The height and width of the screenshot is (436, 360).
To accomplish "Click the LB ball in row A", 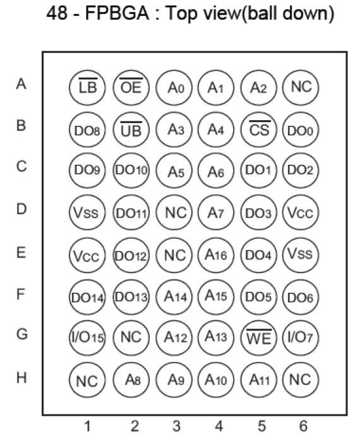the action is click(87, 88).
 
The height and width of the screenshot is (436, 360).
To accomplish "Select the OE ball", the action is click(131, 88).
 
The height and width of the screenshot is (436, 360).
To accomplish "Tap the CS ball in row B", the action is click(259, 130).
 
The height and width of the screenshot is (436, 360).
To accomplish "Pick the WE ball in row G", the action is click(259, 337).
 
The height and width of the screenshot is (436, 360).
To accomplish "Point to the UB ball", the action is click(131, 130).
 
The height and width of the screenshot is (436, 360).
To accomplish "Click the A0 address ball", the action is click(174, 88).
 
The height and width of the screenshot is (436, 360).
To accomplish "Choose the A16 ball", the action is click(216, 255).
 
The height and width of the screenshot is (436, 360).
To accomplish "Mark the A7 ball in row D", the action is click(216, 213).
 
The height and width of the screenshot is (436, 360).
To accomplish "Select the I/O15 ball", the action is click(87, 337).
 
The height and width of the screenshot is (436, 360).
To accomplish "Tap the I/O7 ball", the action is click(301, 337).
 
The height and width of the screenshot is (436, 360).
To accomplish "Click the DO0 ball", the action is click(301, 130).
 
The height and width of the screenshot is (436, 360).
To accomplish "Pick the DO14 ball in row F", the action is click(87, 297).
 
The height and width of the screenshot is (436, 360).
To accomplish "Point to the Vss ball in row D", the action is click(87, 213).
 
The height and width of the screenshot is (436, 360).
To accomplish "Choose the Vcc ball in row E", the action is click(87, 255).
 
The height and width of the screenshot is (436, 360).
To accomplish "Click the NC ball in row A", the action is click(301, 88).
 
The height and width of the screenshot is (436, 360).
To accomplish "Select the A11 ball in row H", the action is click(259, 380).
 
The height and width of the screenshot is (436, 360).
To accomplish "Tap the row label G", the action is click(21, 334).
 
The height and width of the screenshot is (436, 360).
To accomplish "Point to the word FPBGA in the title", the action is click(117, 13).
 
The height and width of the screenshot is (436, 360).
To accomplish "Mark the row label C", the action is click(21, 166).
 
